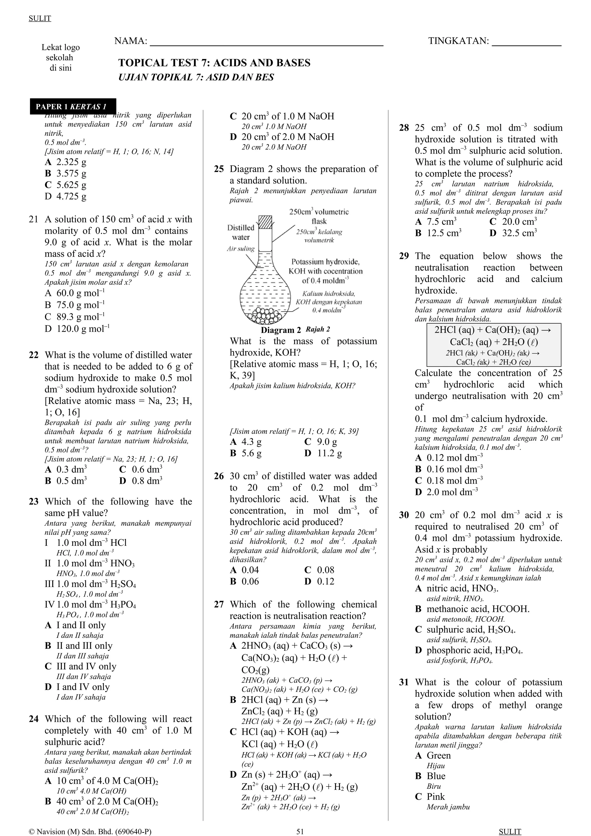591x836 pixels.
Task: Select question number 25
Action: click(x=218, y=169)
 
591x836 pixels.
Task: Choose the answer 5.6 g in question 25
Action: click(x=246, y=453)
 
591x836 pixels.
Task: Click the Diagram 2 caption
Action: click(x=281, y=330)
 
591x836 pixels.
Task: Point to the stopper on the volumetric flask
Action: click(x=265, y=222)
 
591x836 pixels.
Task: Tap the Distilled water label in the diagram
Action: click(x=241, y=232)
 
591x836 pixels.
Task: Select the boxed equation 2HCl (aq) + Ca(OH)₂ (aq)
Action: click(x=493, y=344)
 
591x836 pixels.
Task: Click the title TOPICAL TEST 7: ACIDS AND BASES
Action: click(x=214, y=63)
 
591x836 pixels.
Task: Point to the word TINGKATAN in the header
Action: click(x=458, y=41)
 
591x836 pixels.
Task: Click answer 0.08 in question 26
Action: click(x=319, y=570)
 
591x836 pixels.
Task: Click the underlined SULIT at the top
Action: click(x=40, y=18)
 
